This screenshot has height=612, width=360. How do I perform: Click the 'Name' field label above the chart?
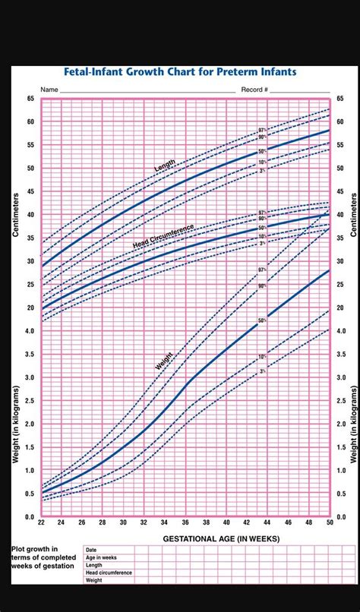click(x=49, y=90)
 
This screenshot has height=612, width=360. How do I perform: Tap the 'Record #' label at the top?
click(x=255, y=90)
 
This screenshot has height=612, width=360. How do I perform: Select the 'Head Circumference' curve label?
click(x=163, y=236)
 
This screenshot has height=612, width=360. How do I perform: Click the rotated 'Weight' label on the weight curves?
click(x=164, y=360)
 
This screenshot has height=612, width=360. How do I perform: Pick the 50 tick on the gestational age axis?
click(x=329, y=522)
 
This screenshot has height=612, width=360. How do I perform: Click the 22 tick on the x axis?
click(x=41, y=522)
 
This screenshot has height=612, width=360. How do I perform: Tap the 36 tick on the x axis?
click(x=185, y=522)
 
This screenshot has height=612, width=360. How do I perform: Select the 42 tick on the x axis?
click(x=246, y=522)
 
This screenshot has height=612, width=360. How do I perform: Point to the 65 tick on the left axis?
click(x=30, y=99)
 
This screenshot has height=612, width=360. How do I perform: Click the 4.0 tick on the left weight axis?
click(x=30, y=331)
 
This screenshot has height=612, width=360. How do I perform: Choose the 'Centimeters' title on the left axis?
click(x=15, y=214)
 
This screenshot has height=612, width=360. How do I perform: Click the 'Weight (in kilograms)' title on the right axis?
click(x=352, y=424)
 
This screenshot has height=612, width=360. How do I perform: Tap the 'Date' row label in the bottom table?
click(x=92, y=549)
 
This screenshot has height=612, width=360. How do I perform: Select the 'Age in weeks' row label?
click(x=101, y=557)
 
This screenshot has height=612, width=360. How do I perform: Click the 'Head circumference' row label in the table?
click(x=109, y=573)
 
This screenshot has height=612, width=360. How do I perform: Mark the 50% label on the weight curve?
click(x=261, y=321)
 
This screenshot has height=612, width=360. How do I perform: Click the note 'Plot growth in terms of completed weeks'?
click(x=43, y=557)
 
